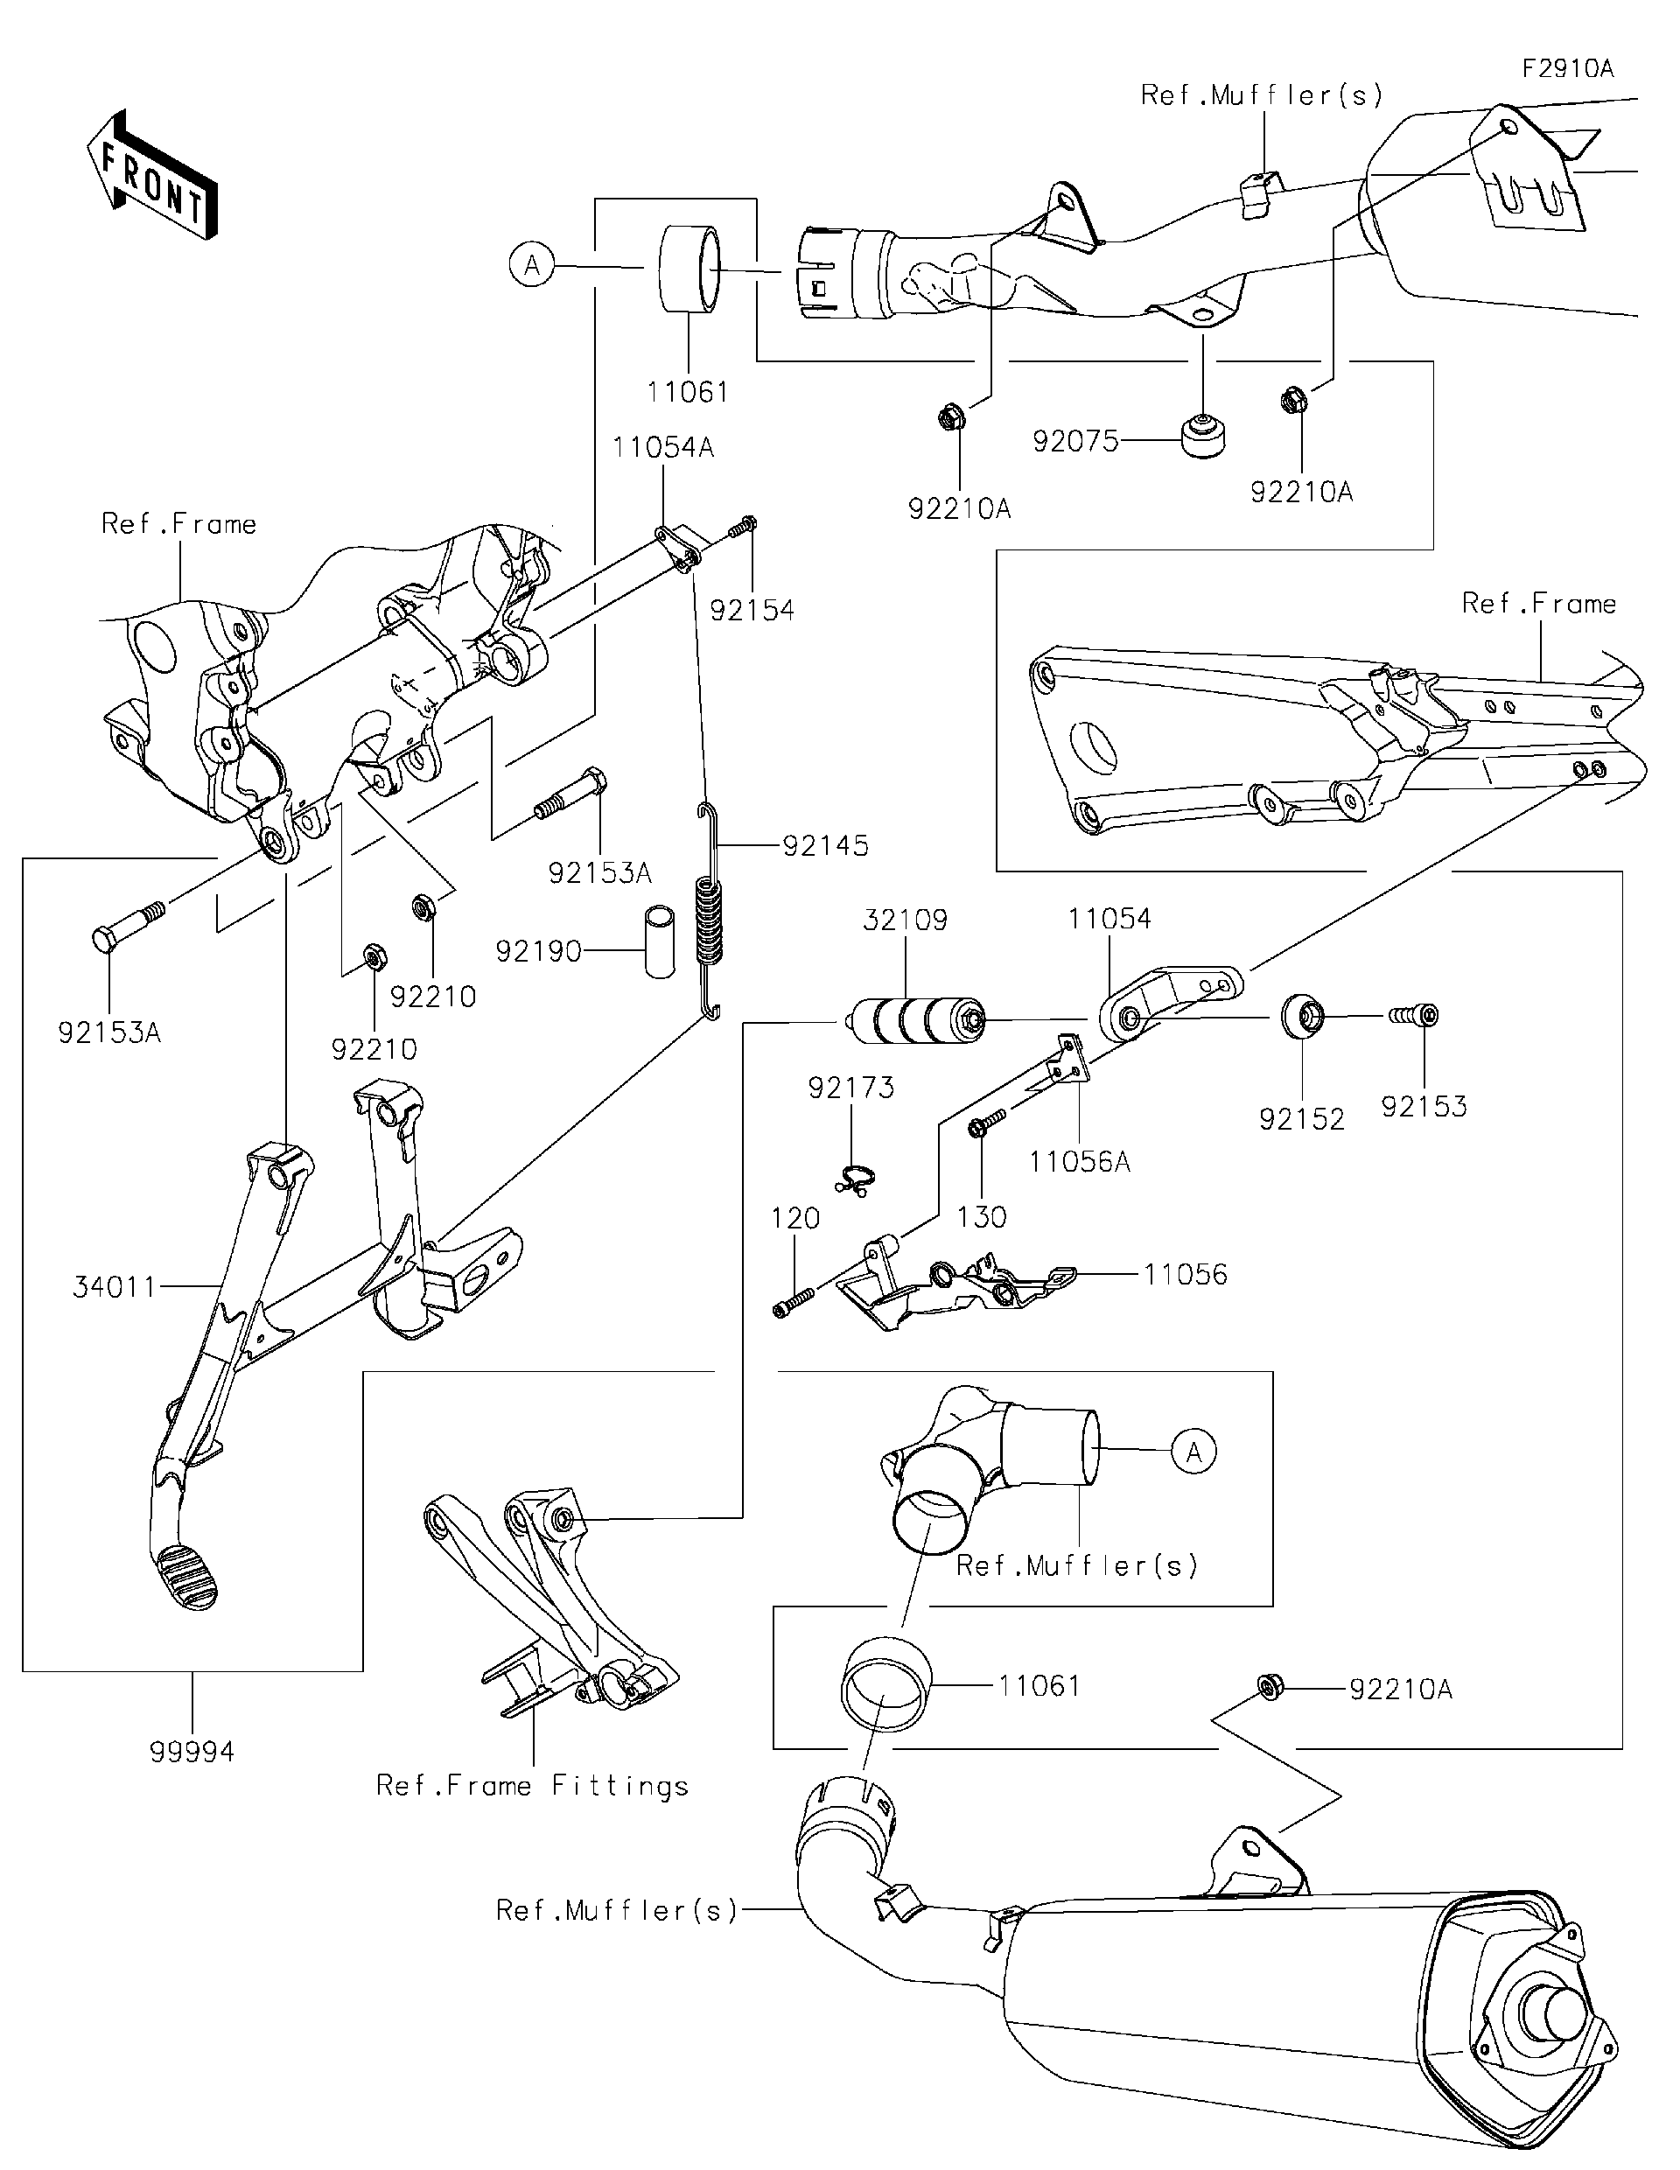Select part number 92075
[1075, 441]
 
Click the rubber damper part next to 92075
[1202, 437]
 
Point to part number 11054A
[662, 448]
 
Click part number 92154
[752, 610]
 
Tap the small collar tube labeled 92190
[657, 940]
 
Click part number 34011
[115, 1288]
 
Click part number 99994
[192, 1752]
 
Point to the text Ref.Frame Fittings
[531, 1787]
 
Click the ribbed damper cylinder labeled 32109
[909, 1019]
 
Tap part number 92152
[1301, 1120]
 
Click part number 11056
[1186, 1275]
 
